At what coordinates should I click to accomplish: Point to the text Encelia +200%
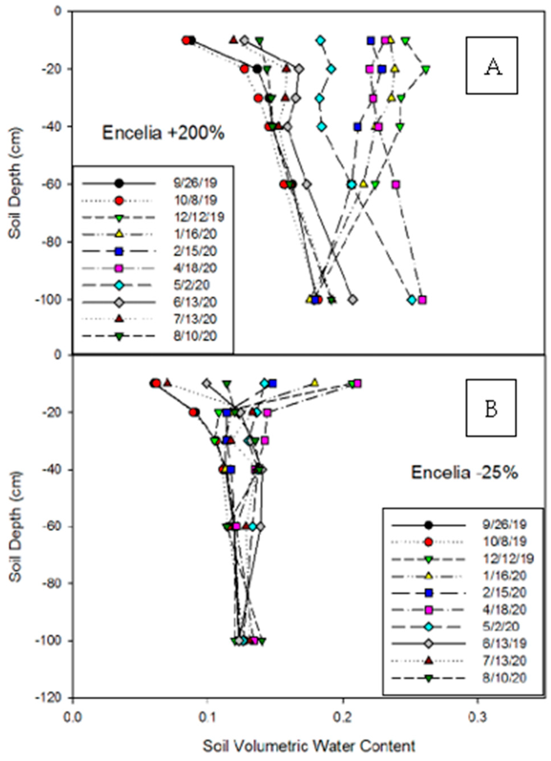coord(163,133)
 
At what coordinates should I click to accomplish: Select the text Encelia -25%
coord(465,473)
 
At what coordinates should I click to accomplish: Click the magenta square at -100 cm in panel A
coord(422,300)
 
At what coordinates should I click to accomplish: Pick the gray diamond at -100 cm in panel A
coord(352,300)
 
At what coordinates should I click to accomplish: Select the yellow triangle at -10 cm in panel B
coord(314,383)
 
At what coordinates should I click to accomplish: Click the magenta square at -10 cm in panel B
coord(357,383)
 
